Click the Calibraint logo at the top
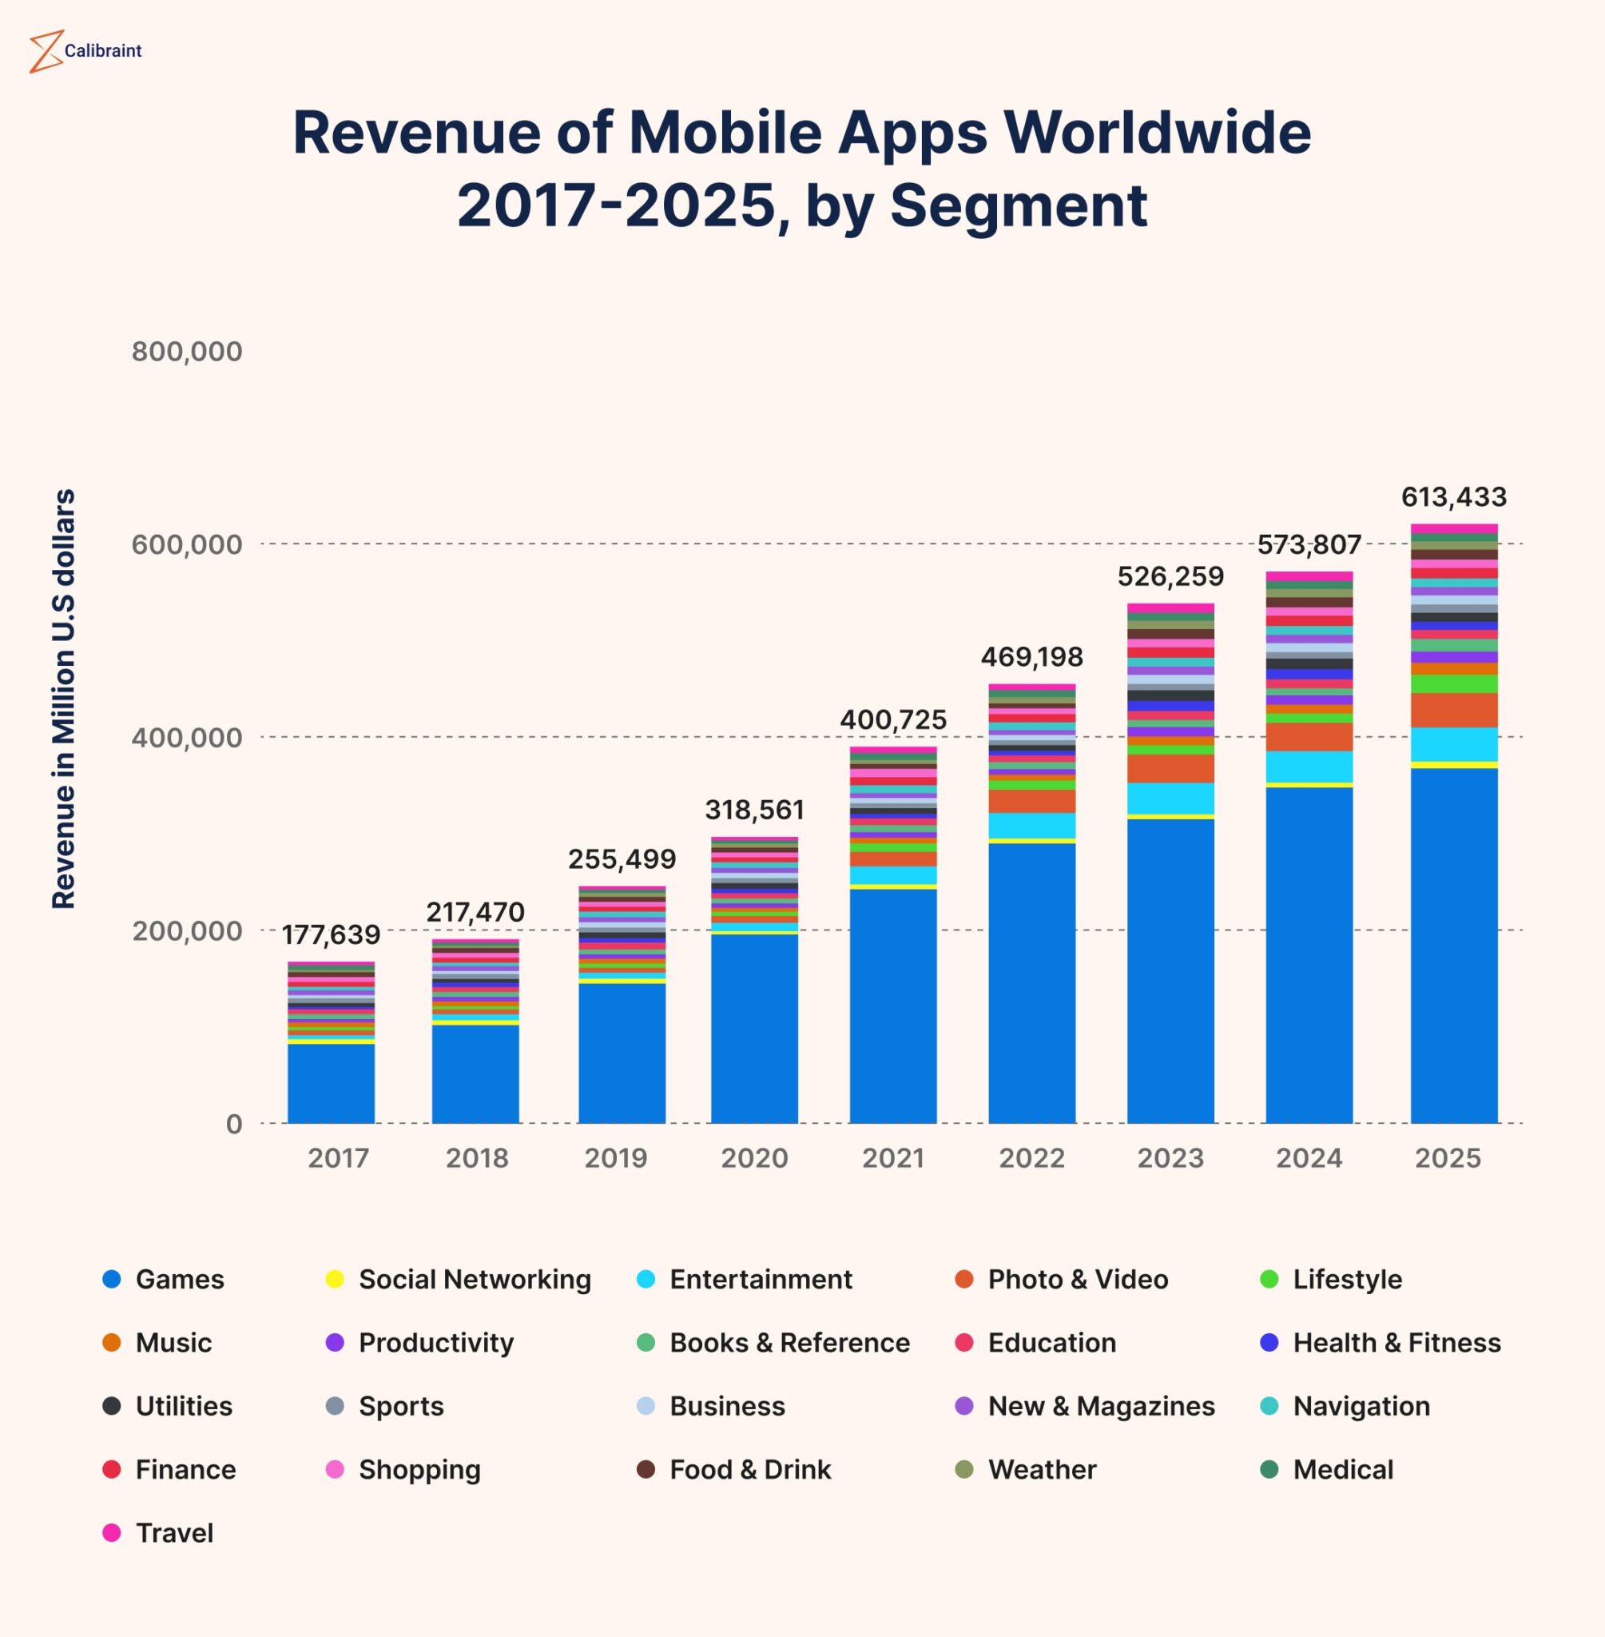85,50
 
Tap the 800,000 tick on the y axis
186,352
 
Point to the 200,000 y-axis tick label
186,931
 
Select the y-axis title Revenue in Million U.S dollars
64,699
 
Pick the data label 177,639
331,934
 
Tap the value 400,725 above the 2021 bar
892,720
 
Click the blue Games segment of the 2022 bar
1032,982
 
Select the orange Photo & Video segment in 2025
1453,710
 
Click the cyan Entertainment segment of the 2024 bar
1309,767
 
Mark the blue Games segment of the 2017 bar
331,1084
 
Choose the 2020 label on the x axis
753,1158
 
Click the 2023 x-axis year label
1170,1158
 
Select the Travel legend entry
173,1533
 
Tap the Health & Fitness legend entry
1396,1343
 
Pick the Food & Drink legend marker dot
646,1470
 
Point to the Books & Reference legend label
789,1343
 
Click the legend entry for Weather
1041,1470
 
